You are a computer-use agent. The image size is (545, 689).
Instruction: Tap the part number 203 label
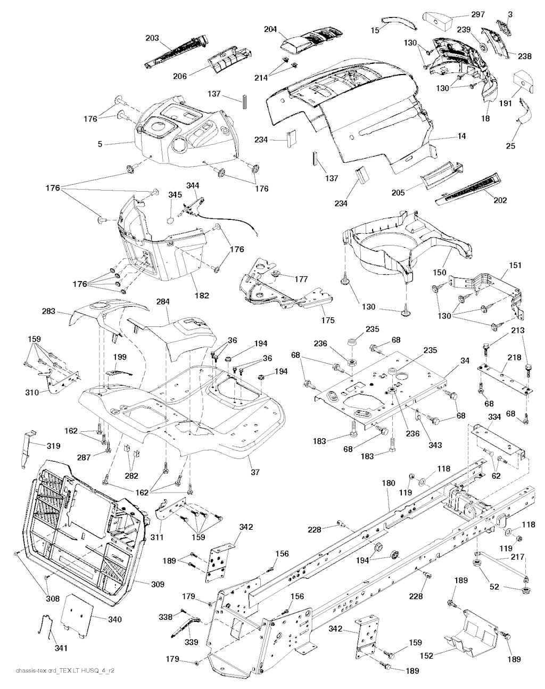pos(152,38)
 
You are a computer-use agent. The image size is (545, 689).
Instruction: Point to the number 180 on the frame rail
pos(389,483)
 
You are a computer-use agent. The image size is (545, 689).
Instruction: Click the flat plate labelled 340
pos(79,616)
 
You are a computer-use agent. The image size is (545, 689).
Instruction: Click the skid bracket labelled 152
pos(476,630)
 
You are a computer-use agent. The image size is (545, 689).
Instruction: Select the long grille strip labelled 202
pos(468,189)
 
